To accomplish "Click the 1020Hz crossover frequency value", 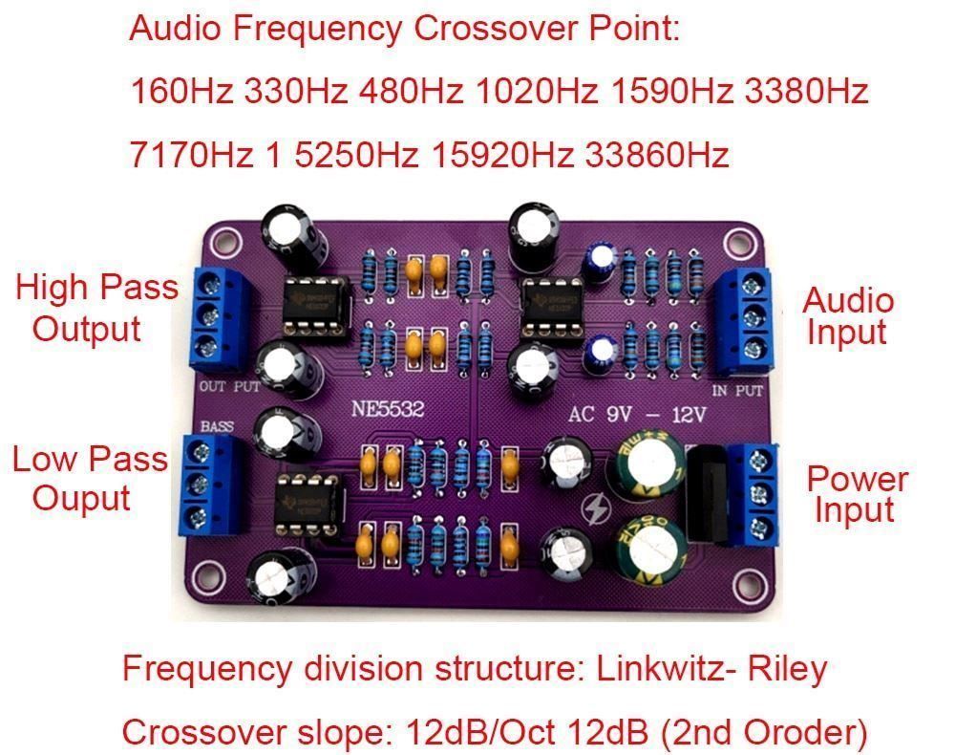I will point(537,92).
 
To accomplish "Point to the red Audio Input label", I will point(848,316).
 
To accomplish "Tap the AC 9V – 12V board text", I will point(637,416).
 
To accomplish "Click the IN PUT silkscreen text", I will point(737,391).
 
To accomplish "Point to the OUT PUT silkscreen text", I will point(228,387).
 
